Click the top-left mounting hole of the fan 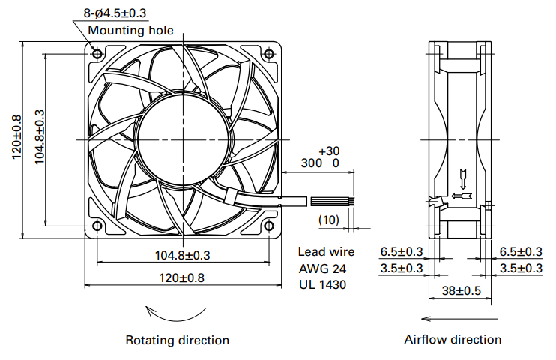[97, 54]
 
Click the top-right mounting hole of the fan [269, 54]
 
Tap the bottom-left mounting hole [97, 226]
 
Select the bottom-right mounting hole [269, 226]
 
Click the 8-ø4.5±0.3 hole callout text [115, 13]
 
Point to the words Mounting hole [130, 31]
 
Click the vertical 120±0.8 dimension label [16, 137]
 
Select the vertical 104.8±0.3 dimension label [40, 137]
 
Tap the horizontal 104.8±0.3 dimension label [183, 255]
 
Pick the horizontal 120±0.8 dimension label [181, 277]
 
